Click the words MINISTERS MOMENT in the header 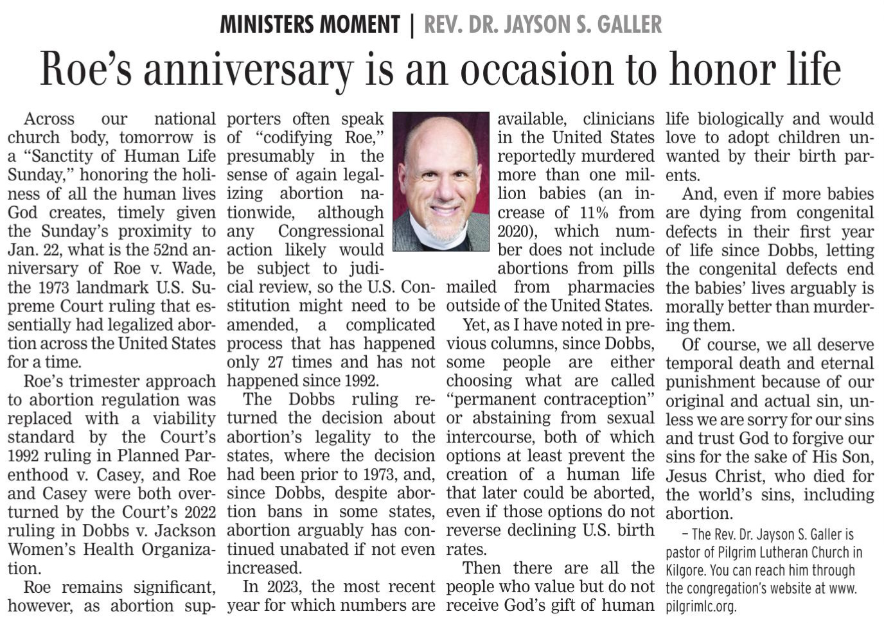310,24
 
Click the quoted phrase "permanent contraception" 550,399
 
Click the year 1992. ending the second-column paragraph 363,381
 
